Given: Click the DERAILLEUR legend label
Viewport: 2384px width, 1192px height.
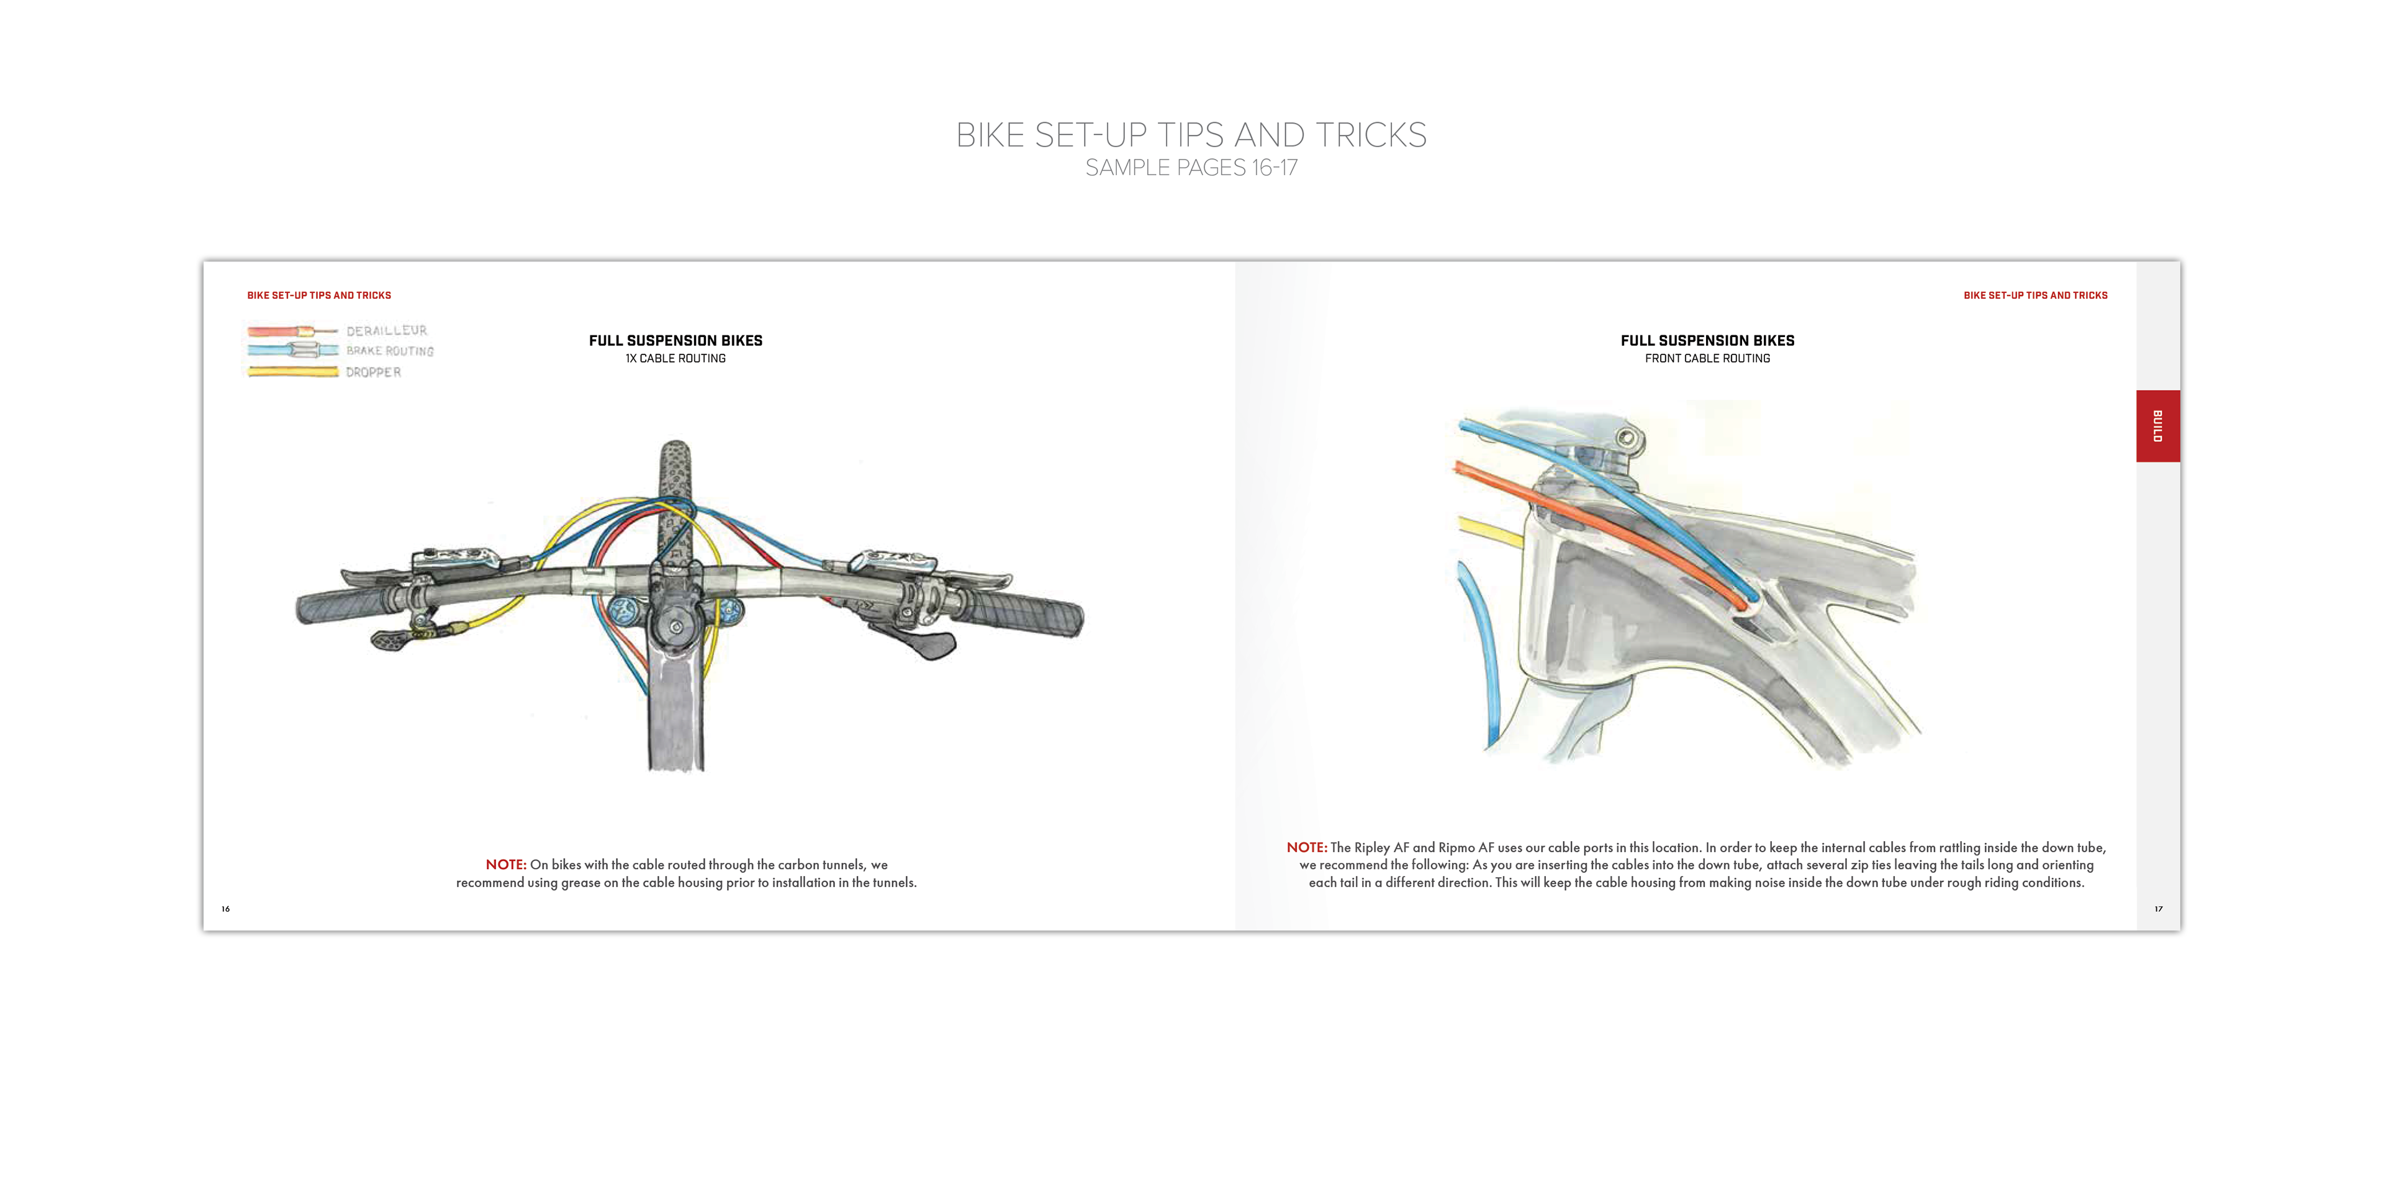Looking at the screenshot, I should (x=387, y=330).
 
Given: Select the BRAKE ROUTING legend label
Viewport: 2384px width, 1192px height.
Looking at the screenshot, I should (x=390, y=351).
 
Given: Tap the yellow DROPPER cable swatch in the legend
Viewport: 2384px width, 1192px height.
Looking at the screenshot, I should (x=292, y=372).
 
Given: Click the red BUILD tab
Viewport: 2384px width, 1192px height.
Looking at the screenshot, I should (x=2157, y=426).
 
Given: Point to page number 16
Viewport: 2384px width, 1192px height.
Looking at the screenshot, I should (x=225, y=909).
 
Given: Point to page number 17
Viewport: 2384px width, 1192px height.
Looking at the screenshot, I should (x=2158, y=909).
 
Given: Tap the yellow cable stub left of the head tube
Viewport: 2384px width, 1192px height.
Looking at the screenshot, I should (x=1489, y=532).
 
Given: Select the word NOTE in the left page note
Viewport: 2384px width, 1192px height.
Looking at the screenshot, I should (x=505, y=864).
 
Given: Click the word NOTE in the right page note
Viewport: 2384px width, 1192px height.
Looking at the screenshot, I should (x=1306, y=847).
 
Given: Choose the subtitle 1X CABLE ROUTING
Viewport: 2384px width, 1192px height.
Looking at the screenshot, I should (x=675, y=359).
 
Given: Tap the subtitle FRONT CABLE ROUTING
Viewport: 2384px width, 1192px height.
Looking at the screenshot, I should (x=1707, y=359).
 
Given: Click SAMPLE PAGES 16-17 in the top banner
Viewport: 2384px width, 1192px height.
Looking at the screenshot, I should (x=1191, y=168).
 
